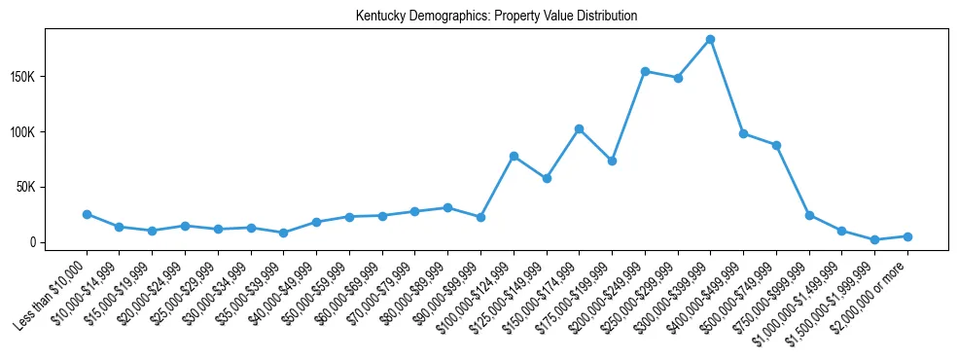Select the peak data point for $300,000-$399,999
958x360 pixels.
[x=710, y=39]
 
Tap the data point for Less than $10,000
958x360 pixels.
[x=87, y=214]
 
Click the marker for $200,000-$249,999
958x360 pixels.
[x=645, y=71]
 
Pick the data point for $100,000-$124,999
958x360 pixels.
[x=514, y=156]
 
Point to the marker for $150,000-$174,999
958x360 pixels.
[x=579, y=128]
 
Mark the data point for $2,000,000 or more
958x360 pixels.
[x=907, y=236]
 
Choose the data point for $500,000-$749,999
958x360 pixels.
[x=776, y=145]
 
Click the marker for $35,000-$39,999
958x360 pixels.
[x=283, y=233]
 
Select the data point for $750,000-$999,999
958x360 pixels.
[x=809, y=215]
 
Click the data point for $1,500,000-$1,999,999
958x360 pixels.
[x=874, y=239]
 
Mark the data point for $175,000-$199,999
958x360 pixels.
[x=612, y=161]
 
